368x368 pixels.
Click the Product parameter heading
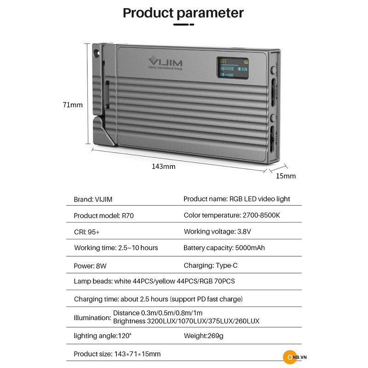pyautogui.click(x=183, y=12)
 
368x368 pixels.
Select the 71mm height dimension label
pyautogui.click(x=73, y=105)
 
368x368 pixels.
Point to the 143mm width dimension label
pyautogui.click(x=164, y=167)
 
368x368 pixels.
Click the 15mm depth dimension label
pyautogui.click(x=286, y=176)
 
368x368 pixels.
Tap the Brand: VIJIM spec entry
pyautogui.click(x=93, y=199)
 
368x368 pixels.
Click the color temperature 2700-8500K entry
pyautogui.click(x=231, y=215)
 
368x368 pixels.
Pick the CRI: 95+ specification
pyautogui.click(x=87, y=231)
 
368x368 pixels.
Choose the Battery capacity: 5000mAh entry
pyautogui.click(x=224, y=248)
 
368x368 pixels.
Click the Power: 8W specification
pyautogui.click(x=86, y=265)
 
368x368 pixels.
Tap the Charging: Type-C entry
pyautogui.click(x=210, y=265)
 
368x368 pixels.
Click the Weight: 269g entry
pyautogui.click(x=203, y=336)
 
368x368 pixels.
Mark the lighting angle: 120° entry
pyautogui.click(x=103, y=336)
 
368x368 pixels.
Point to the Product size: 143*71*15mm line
pyautogui.click(x=117, y=354)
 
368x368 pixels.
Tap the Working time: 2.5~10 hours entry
pyautogui.click(x=116, y=248)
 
